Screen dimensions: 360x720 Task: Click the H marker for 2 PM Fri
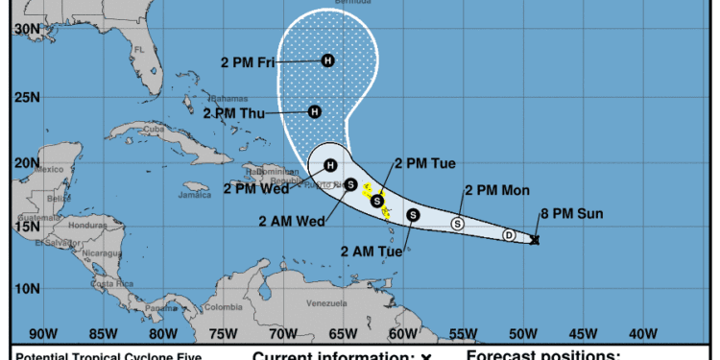click(x=328, y=60)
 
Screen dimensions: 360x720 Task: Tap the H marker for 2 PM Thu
click(x=314, y=111)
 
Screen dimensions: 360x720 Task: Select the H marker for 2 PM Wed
click(x=330, y=165)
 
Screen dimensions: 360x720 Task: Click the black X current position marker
click(x=535, y=240)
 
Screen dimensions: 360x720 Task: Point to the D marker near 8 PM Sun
click(x=509, y=235)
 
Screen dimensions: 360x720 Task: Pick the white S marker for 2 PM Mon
click(x=457, y=224)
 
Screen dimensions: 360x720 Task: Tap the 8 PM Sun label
click(x=573, y=213)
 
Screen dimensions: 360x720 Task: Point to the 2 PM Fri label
click(x=248, y=63)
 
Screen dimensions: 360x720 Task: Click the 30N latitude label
click(x=27, y=30)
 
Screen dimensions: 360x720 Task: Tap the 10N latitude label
click(x=27, y=288)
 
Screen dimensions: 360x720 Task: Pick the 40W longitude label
click(x=641, y=333)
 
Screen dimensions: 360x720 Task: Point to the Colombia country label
click(x=223, y=307)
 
